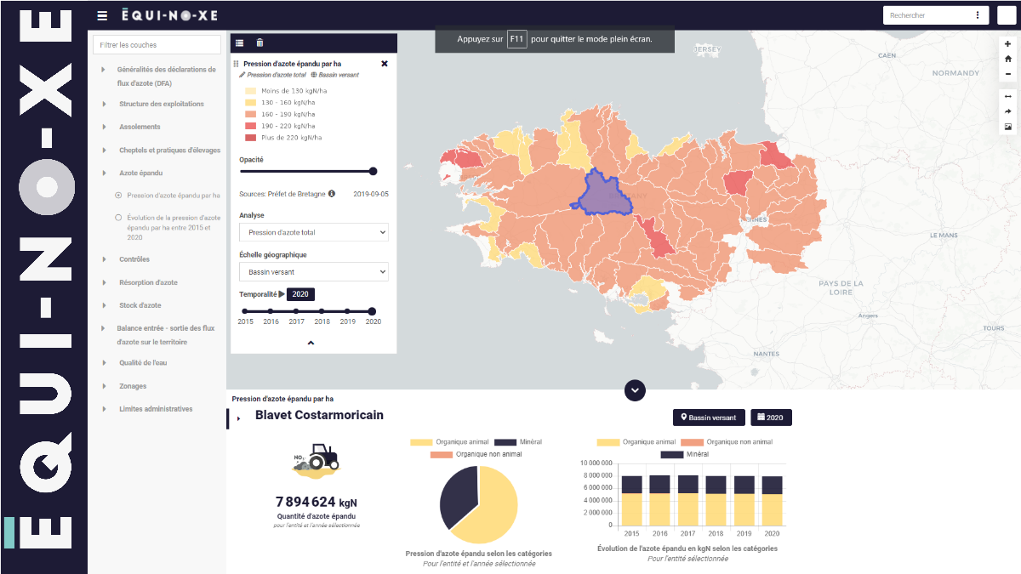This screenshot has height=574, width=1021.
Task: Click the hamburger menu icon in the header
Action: coord(102,15)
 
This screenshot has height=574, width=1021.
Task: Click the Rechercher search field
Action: coord(927,15)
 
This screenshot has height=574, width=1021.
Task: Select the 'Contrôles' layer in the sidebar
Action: coord(134,259)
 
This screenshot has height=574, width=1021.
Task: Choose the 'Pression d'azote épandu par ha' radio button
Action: coord(118,196)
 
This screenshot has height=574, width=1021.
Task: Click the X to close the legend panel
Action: coord(385,64)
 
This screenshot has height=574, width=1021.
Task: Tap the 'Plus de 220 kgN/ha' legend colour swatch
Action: coord(251,138)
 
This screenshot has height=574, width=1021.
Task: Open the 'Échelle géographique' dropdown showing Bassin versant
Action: coord(313,272)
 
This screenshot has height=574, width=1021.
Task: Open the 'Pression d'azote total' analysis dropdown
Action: coord(313,232)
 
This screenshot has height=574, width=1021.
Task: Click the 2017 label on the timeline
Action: coord(296,321)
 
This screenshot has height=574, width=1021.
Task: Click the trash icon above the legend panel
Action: coord(260,43)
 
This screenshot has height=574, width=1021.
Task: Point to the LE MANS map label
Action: coord(944,235)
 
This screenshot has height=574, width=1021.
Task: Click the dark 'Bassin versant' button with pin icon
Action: coord(709,418)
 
